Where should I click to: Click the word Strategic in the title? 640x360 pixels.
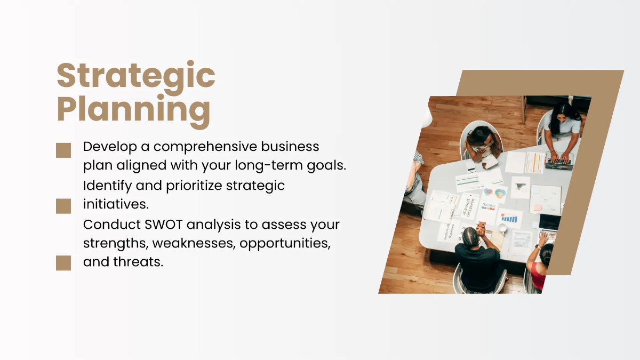(136, 76)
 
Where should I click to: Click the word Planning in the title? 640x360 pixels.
(133, 110)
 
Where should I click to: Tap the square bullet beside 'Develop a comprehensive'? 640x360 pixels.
(63, 150)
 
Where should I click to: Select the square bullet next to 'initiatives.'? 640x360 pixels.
(63, 206)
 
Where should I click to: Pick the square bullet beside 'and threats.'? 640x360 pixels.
(63, 263)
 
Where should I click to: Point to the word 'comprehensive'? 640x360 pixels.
(213, 147)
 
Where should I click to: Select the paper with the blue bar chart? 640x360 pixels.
(509, 218)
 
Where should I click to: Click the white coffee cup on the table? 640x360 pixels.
(502, 228)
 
